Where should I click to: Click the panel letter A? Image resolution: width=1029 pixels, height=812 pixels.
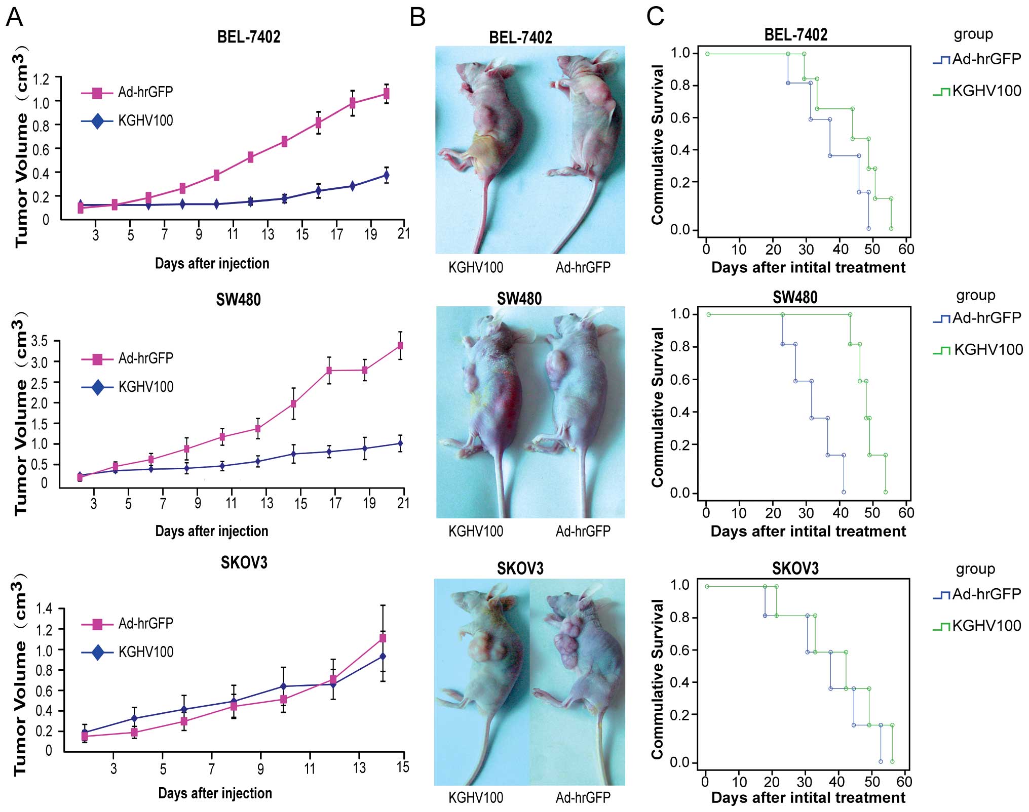14,17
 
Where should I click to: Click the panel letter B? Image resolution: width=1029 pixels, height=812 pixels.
417,17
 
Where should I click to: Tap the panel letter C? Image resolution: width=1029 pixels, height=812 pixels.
655,16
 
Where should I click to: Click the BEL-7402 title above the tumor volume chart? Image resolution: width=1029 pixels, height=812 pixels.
248,37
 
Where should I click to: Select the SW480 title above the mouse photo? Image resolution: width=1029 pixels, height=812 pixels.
519,299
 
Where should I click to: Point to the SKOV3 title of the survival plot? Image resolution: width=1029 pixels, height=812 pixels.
795,569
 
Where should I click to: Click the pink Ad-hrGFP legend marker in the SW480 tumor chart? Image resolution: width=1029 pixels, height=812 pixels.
97,359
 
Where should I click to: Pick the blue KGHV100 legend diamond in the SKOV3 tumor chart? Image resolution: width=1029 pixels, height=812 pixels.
97,652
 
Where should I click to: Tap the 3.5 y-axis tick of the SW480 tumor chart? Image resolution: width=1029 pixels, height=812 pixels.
40,341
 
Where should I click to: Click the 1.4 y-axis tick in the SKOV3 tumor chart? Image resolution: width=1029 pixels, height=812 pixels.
44,608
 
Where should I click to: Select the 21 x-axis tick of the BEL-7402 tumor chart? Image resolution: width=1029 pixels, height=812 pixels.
404,233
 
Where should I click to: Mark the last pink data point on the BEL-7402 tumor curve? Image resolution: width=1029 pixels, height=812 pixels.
387,94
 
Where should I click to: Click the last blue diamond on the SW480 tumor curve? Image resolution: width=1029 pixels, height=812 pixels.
400,443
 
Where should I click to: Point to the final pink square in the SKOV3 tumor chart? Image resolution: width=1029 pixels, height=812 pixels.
383,638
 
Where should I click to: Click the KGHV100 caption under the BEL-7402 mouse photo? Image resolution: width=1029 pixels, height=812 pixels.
476,267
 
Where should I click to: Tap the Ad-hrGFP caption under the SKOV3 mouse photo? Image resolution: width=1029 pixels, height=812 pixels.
583,798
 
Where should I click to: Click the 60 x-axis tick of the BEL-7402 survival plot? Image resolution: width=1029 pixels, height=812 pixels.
906,249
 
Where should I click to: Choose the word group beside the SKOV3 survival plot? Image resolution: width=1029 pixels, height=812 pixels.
975,569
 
